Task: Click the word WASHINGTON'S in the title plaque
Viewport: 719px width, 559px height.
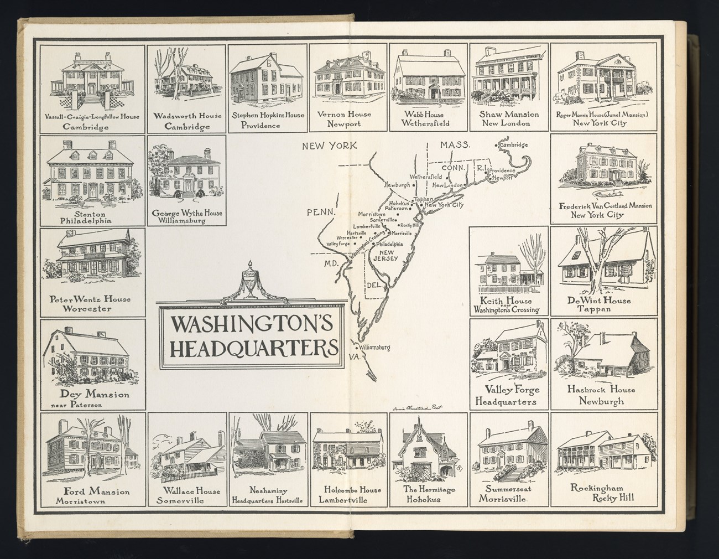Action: pyautogui.click(x=252, y=323)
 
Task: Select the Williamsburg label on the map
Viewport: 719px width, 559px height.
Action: pyautogui.click(x=374, y=348)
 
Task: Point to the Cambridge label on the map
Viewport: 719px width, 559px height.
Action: pyautogui.click(x=513, y=145)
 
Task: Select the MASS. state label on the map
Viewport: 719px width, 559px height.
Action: pyautogui.click(x=455, y=145)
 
